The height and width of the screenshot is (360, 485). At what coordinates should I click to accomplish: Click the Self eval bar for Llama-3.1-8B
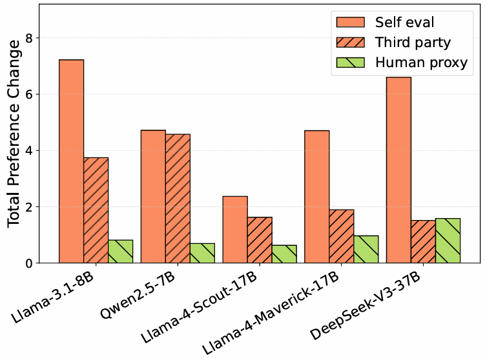click(71, 161)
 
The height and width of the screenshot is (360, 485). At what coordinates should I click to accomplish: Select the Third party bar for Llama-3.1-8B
click(96, 210)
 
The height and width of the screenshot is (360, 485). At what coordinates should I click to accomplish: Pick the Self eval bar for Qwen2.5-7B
click(153, 197)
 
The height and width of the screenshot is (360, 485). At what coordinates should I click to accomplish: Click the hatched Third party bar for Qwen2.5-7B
click(178, 199)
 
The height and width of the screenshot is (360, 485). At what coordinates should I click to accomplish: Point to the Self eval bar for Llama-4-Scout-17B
click(235, 230)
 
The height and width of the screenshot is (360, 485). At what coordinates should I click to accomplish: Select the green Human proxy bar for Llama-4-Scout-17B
click(284, 254)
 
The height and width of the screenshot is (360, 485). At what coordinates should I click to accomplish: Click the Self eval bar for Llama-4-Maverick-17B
click(316, 197)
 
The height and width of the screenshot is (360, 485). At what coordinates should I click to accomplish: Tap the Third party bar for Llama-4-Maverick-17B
click(341, 236)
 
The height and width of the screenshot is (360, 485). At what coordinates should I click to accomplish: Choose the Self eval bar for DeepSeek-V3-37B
click(398, 170)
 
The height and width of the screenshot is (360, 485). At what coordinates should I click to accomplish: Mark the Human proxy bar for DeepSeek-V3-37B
click(448, 241)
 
